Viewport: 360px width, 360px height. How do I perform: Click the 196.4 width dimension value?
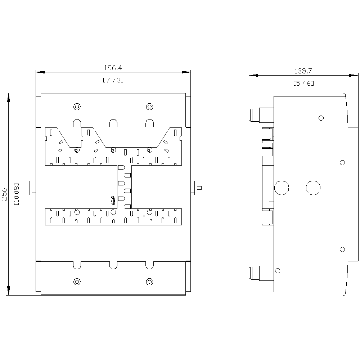[113, 68]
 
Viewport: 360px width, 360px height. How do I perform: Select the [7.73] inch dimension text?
[113, 80]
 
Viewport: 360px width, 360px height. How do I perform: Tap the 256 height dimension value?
[4, 194]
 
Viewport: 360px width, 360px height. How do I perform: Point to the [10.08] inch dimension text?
[17, 194]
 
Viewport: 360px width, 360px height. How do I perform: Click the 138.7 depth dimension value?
[303, 71]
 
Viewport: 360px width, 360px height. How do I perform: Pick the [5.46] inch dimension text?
[303, 84]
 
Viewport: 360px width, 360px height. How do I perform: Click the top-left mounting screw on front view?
[77, 107]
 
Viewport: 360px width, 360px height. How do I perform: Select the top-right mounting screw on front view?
[149, 107]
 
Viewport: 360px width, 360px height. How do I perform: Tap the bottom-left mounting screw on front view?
[77, 282]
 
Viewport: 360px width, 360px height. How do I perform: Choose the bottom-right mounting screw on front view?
[149, 282]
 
